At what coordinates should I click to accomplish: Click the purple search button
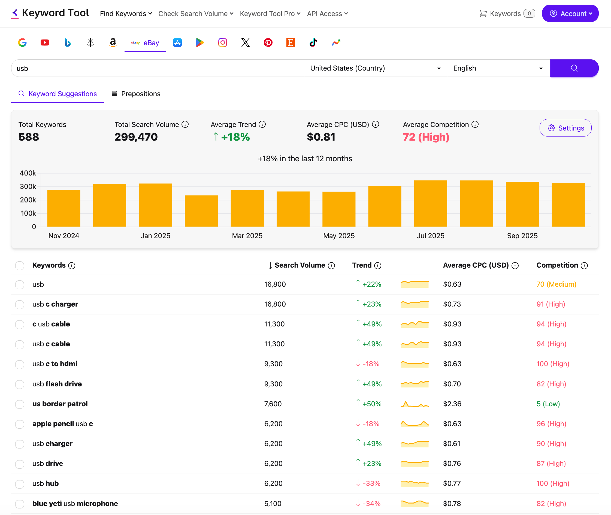[x=574, y=68]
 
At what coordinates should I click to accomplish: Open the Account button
[x=570, y=13]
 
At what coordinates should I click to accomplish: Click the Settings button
[x=565, y=128]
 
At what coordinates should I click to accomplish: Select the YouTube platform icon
[x=45, y=43]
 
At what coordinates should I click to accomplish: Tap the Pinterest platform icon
[x=268, y=43]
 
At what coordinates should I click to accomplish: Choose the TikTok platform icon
[x=313, y=43]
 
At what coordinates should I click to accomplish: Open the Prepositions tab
[x=136, y=94]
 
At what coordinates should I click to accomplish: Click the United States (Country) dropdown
[x=376, y=68]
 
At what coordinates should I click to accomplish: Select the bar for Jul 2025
[x=431, y=204]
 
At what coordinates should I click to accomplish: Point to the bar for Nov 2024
[x=64, y=208]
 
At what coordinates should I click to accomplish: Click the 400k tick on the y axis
[x=28, y=173]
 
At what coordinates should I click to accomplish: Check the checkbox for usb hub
[x=20, y=484]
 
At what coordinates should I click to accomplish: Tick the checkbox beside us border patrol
[x=20, y=404]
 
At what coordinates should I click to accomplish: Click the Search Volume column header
[x=300, y=265]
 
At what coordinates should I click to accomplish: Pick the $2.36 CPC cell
[x=452, y=404]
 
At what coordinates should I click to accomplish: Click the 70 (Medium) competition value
[x=556, y=284]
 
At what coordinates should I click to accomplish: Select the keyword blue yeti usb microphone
[x=75, y=504]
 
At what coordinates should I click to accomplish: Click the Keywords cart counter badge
[x=529, y=13]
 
